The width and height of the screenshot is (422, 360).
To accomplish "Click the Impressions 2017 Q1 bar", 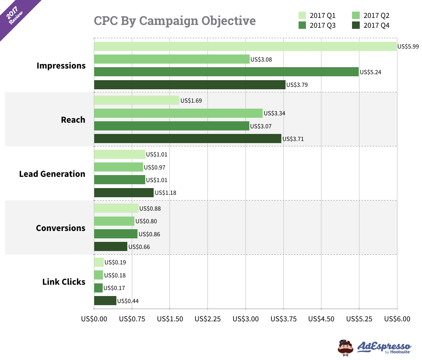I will pos(245,46).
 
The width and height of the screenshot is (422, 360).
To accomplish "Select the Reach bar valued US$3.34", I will pos(178,113).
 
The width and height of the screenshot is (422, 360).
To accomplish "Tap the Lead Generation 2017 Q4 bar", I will pos(124,193).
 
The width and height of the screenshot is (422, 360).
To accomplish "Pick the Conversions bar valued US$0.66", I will pos(110,247).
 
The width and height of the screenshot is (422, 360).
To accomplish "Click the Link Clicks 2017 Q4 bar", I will pos(105,301).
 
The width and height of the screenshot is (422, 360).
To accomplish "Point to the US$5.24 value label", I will pos(370,72).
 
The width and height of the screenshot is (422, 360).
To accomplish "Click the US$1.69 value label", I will pos(191,101).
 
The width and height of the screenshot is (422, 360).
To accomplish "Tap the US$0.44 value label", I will pos(128,301).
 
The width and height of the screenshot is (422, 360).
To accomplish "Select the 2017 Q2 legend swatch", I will pos(356,15).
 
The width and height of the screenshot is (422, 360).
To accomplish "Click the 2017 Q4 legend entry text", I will pos(376,25).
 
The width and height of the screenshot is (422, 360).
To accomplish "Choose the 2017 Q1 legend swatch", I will pos(302,15).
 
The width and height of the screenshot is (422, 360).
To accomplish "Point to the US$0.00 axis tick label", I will pos(94,319).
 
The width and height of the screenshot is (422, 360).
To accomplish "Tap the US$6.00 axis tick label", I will pos(397,319).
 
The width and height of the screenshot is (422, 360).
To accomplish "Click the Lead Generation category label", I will pos(52,174).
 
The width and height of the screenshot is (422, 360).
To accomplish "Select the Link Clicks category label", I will pos(64,282).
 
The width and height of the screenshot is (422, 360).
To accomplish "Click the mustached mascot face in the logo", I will pos(346,348).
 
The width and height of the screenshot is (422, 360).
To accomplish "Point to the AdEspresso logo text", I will pos(384,346).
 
